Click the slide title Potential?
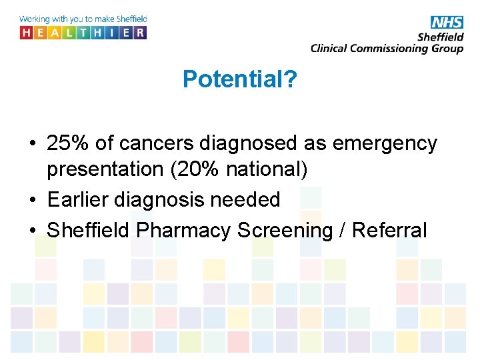(x=240, y=80)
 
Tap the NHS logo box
(x=447, y=22)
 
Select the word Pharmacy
(x=185, y=230)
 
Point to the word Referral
(x=389, y=230)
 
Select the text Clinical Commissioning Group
(x=387, y=48)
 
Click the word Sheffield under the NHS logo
(x=439, y=37)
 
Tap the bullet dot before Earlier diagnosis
(x=33, y=200)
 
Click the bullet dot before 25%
(x=33, y=144)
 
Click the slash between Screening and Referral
(x=341, y=230)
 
